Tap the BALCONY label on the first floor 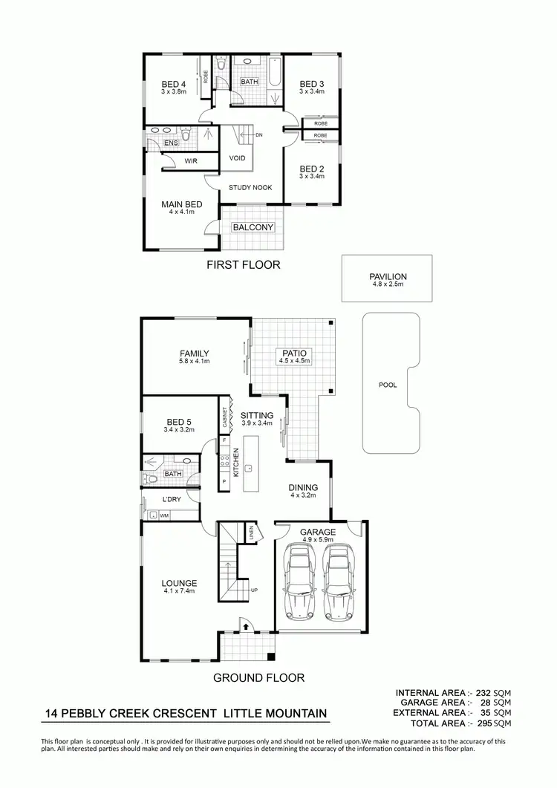pyautogui.click(x=253, y=227)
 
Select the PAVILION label pyautogui.click(x=388, y=276)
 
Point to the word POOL pyautogui.click(x=388, y=385)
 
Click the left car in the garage pyautogui.click(x=299, y=582)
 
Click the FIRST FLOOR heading pyautogui.click(x=243, y=264)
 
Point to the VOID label pyautogui.click(x=237, y=158)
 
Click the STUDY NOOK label pyautogui.click(x=250, y=188)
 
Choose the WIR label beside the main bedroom pyautogui.click(x=191, y=160)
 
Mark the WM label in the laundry pyautogui.click(x=163, y=515)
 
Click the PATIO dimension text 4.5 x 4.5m pyautogui.click(x=294, y=361)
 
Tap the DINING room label pyautogui.click(x=303, y=488)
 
